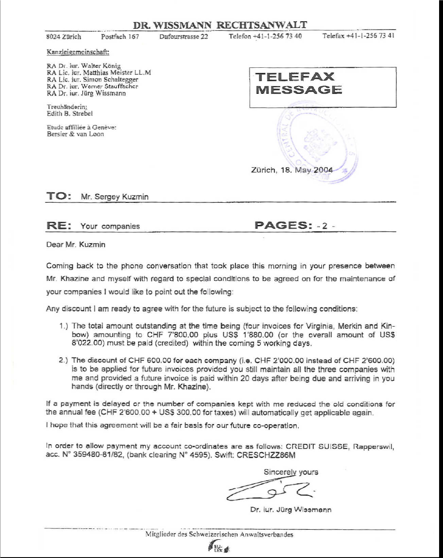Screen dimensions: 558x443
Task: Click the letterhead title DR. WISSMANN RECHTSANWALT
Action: pos(220,25)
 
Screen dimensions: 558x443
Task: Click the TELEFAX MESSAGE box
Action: pos(323,87)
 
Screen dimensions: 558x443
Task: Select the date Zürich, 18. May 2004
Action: pos(292,170)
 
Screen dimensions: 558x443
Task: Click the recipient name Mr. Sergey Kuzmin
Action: pos(115,197)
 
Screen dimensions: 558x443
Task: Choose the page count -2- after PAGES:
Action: pos(325,226)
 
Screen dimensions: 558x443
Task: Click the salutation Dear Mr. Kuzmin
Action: pos(76,244)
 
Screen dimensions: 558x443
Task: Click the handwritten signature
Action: pos(269,491)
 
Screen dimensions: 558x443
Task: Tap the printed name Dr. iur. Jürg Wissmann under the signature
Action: pos(291,509)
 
